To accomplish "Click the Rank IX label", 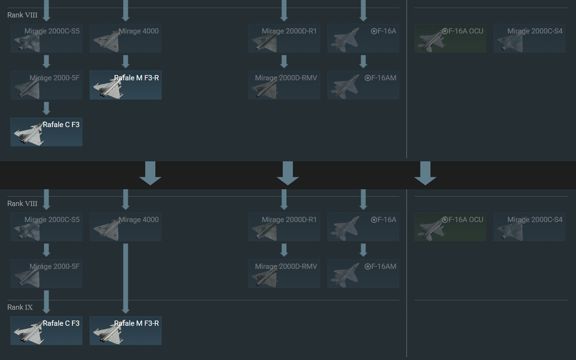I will tap(20, 307).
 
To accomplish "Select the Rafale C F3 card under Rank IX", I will tap(46, 331).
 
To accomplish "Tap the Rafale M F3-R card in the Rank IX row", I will tap(126, 331).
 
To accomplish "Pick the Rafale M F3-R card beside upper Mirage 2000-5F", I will tap(126, 85).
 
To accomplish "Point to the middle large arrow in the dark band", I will tap(288, 173).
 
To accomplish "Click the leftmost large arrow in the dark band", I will tap(150, 173).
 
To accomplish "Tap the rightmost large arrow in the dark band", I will tap(425, 173).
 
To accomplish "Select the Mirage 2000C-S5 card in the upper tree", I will tap(46, 38).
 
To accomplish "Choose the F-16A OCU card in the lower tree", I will tap(450, 227).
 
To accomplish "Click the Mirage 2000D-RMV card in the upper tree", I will tap(284, 85).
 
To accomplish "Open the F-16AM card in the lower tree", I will tap(363, 274).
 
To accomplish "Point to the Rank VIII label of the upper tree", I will tap(22, 15).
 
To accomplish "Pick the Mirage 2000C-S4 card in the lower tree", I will tap(529, 227).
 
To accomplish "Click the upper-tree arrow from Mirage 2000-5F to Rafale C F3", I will tap(46, 108).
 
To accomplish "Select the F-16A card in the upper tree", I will tap(363, 38).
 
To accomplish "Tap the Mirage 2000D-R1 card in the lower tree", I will tap(284, 227).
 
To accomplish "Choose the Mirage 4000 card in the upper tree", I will tap(126, 38).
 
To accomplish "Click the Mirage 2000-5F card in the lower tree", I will tap(46, 274).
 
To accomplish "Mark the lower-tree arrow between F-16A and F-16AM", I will tap(363, 250).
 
